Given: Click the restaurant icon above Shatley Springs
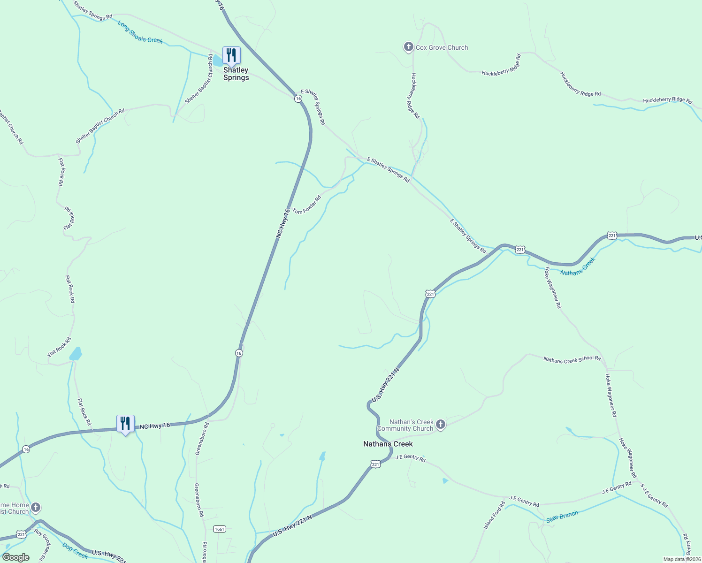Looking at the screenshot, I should coord(231,56).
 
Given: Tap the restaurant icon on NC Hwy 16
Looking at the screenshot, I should coord(125,424).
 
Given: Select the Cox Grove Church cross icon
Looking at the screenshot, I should coord(408,47).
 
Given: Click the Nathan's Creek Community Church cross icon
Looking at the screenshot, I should coord(440,425).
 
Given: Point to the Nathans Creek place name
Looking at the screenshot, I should coord(388,444).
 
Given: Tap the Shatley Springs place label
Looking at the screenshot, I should coord(236,74).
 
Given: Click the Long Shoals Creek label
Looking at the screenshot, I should coord(140,33).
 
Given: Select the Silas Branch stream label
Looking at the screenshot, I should coord(562,517).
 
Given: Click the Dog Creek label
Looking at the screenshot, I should coord(75,550).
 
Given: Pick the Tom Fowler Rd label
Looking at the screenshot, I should coord(307,205).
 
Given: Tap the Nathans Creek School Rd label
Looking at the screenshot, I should coord(572,359).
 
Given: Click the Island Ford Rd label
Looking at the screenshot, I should coord(494,516).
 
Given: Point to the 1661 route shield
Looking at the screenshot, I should coord(220,529).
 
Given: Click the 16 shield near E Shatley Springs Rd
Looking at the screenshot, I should coord(298,99).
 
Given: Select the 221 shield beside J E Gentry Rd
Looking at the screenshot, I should coord(375,464).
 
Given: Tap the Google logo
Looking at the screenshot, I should coord(15,557).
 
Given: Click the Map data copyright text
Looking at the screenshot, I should coord(682,559).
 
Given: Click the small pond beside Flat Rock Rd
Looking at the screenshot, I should coord(76,353).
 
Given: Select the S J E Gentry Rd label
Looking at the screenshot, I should coord(654,496).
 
